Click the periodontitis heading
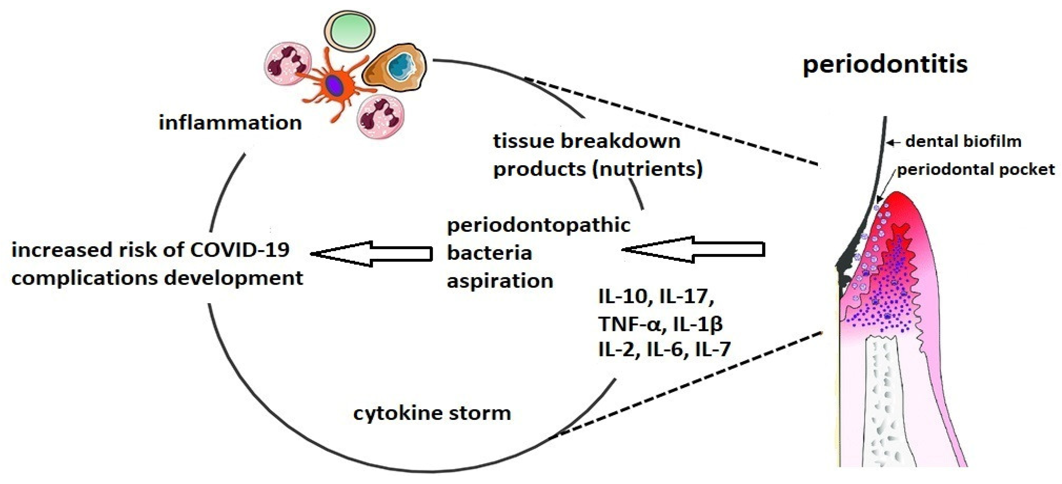click(885, 65)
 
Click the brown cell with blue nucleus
click(395, 68)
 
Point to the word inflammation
click(230, 123)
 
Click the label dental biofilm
click(963, 142)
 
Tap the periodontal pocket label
click(975, 170)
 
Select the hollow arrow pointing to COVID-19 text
click(371, 254)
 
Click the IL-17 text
click(687, 297)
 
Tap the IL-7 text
click(713, 349)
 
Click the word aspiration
click(500, 281)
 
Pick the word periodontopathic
click(538, 225)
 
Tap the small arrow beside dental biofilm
click(892, 142)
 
